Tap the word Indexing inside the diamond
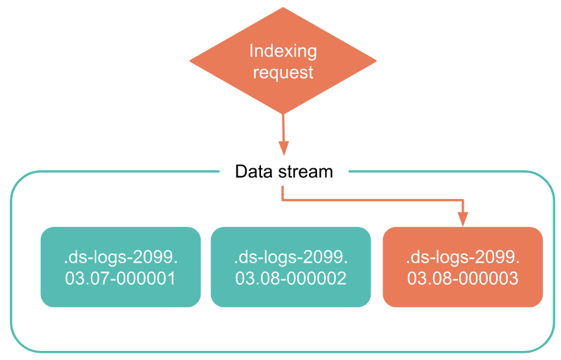click(x=283, y=51)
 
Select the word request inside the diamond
click(x=283, y=71)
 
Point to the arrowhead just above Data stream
click(x=284, y=149)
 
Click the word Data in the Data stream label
click(x=252, y=172)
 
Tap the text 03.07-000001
click(x=120, y=279)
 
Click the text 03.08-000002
click(x=291, y=279)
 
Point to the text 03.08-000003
click(x=462, y=279)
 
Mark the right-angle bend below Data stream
click(x=282, y=199)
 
